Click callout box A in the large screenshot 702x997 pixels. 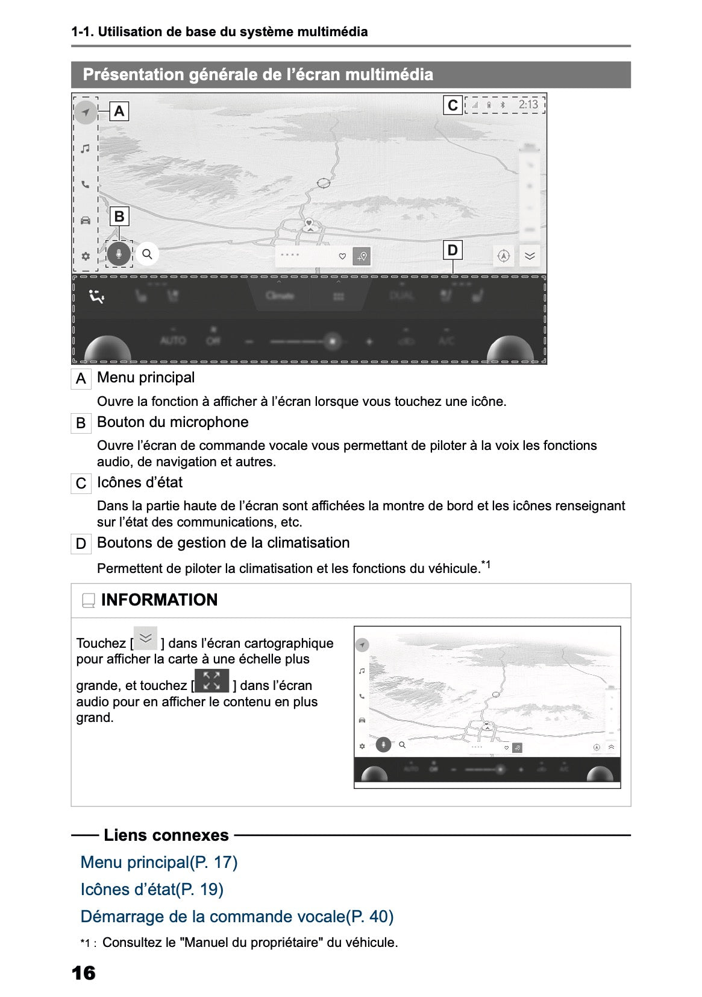[119, 111]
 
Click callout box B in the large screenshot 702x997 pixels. [119, 217]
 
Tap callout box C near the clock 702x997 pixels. [453, 106]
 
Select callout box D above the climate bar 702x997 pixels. [452, 250]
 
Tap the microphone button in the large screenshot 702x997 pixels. [119, 254]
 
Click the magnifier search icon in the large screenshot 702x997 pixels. [147, 254]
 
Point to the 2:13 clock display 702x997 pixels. [528, 105]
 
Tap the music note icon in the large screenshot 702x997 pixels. [86, 148]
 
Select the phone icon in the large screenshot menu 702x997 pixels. [86, 185]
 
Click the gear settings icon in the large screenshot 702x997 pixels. [86, 256]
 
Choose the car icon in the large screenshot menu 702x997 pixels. [86, 220]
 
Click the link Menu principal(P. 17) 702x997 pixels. [159, 862]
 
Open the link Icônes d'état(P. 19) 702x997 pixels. [152, 890]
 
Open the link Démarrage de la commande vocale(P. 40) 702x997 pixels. [237, 917]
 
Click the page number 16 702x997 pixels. [83, 973]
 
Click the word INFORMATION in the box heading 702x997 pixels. [159, 600]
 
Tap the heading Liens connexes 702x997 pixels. [166, 835]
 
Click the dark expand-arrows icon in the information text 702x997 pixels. [212, 681]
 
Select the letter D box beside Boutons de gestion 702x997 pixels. [81, 544]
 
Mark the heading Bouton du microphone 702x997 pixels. [172, 422]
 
